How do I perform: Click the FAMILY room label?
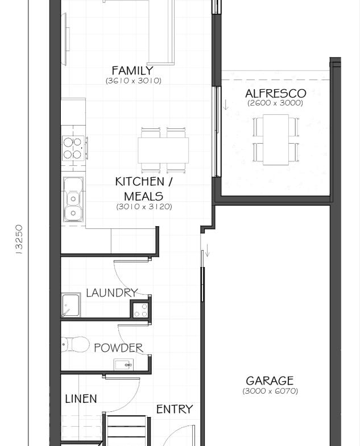(133, 71)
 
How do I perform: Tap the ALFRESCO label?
(275, 93)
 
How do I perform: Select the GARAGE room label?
(270, 381)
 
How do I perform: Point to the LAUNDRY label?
(111, 293)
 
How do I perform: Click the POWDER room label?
(118, 348)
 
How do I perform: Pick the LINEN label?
(81, 399)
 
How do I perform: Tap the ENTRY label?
(174, 409)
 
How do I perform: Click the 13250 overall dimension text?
(19, 239)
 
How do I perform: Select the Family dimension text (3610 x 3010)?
(133, 81)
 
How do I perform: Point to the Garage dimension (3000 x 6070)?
(270, 391)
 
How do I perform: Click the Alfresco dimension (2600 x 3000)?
(275, 103)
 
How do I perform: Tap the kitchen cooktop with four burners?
(73, 148)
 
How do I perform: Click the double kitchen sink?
(73, 199)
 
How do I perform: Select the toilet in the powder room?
(73, 344)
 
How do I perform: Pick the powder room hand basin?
(123, 364)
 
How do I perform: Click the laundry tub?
(71, 305)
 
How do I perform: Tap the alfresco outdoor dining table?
(276, 140)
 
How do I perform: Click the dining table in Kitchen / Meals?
(163, 150)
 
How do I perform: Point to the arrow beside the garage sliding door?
(208, 251)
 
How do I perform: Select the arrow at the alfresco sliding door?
(226, 104)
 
